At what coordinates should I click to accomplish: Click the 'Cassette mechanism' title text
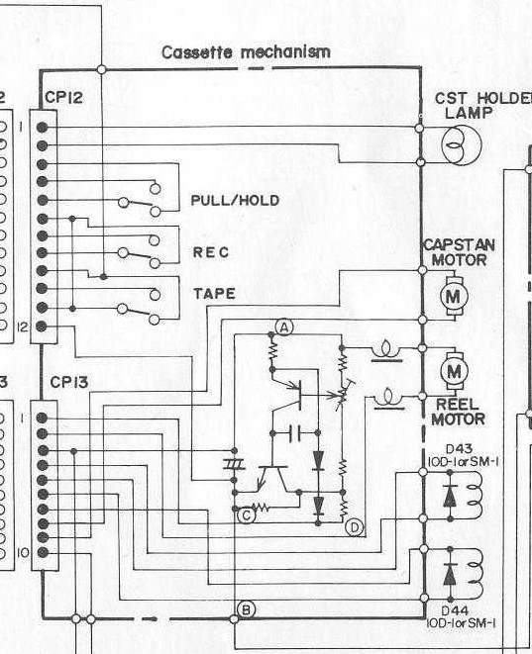click(x=246, y=52)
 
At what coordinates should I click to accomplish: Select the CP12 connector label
click(x=63, y=98)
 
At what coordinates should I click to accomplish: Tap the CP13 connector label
click(x=69, y=382)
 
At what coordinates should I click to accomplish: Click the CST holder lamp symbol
click(x=462, y=143)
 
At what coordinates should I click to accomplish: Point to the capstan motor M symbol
click(x=453, y=297)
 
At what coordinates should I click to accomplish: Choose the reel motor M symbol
click(x=454, y=371)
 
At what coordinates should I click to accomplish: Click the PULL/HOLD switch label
click(x=235, y=201)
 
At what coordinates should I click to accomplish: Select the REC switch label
click(x=211, y=252)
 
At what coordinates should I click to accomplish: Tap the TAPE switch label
click(x=214, y=294)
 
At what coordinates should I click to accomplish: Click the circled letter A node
click(x=284, y=327)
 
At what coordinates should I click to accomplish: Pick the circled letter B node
click(x=246, y=609)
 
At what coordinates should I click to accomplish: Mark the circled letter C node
click(x=247, y=515)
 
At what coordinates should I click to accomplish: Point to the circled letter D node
click(x=355, y=528)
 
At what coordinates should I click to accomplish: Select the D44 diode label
click(x=455, y=610)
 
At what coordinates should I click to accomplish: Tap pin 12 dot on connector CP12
click(x=42, y=327)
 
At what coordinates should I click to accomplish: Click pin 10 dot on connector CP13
click(x=43, y=553)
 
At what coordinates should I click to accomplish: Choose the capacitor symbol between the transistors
click(x=295, y=433)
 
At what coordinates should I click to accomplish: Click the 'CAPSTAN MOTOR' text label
click(x=460, y=252)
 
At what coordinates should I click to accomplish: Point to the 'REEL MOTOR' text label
click(x=458, y=412)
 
